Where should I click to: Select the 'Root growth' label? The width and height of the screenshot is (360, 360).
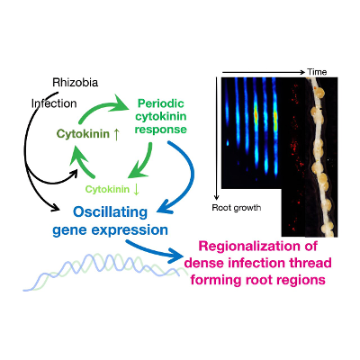237,208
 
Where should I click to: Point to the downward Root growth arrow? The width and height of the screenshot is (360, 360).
217,135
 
